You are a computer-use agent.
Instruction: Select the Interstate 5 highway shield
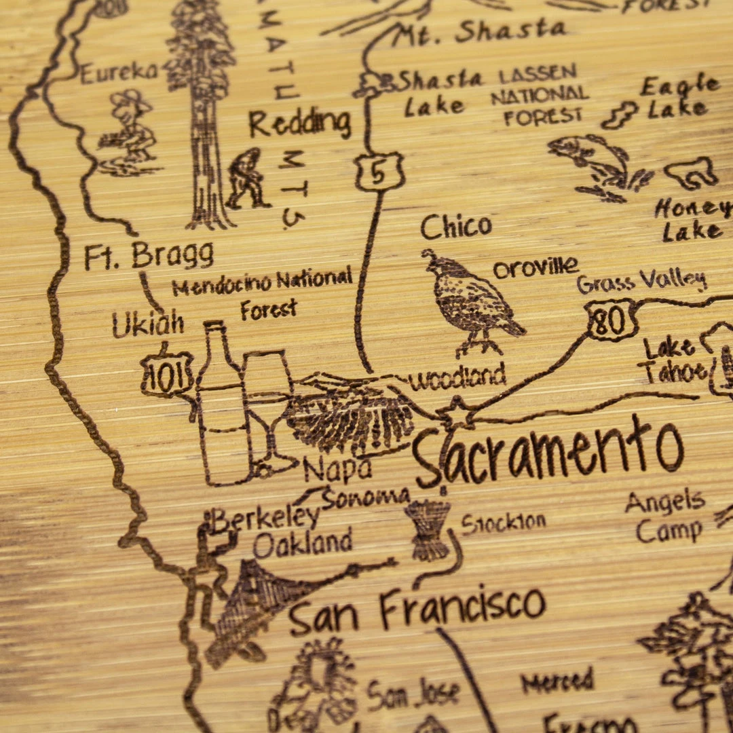coord(379,171)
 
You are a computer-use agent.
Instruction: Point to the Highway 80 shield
coord(612,321)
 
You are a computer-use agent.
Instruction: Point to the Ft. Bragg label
coord(149,256)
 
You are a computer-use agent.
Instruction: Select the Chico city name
coord(456,227)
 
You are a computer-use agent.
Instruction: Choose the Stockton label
coord(504,523)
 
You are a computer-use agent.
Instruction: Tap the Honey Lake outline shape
coord(691,173)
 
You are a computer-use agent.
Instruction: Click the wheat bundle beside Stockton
coord(428,529)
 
